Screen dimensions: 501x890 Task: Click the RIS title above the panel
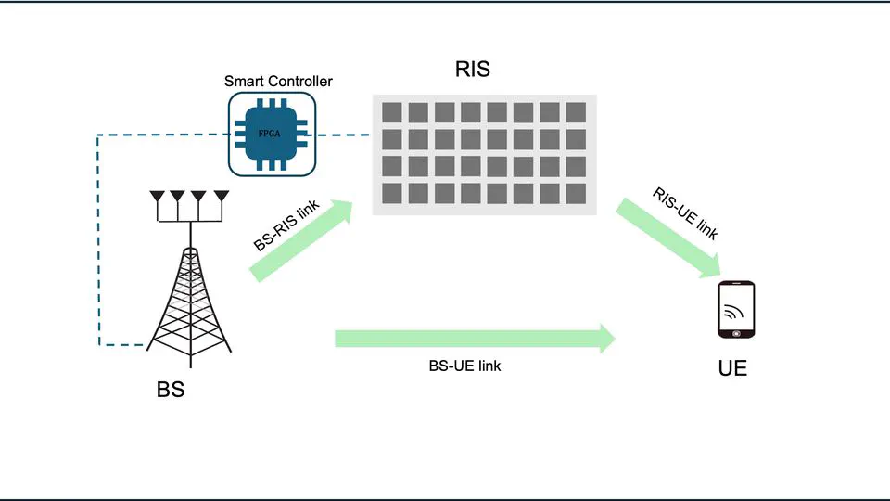pos(472,69)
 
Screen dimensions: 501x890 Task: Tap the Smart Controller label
pos(278,82)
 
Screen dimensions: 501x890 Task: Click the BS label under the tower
pos(171,390)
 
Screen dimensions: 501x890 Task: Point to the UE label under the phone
pos(732,368)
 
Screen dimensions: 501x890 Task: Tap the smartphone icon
pos(736,310)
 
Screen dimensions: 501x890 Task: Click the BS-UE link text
pos(464,366)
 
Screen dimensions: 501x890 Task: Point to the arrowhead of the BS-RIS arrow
pos(345,210)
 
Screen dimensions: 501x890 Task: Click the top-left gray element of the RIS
pos(391,112)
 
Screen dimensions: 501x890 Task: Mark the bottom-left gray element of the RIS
pos(391,193)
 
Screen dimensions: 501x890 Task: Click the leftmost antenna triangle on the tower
pos(158,197)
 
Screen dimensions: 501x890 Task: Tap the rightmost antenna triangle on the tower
pos(222,197)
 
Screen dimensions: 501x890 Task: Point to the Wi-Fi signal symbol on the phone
pos(733,309)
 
